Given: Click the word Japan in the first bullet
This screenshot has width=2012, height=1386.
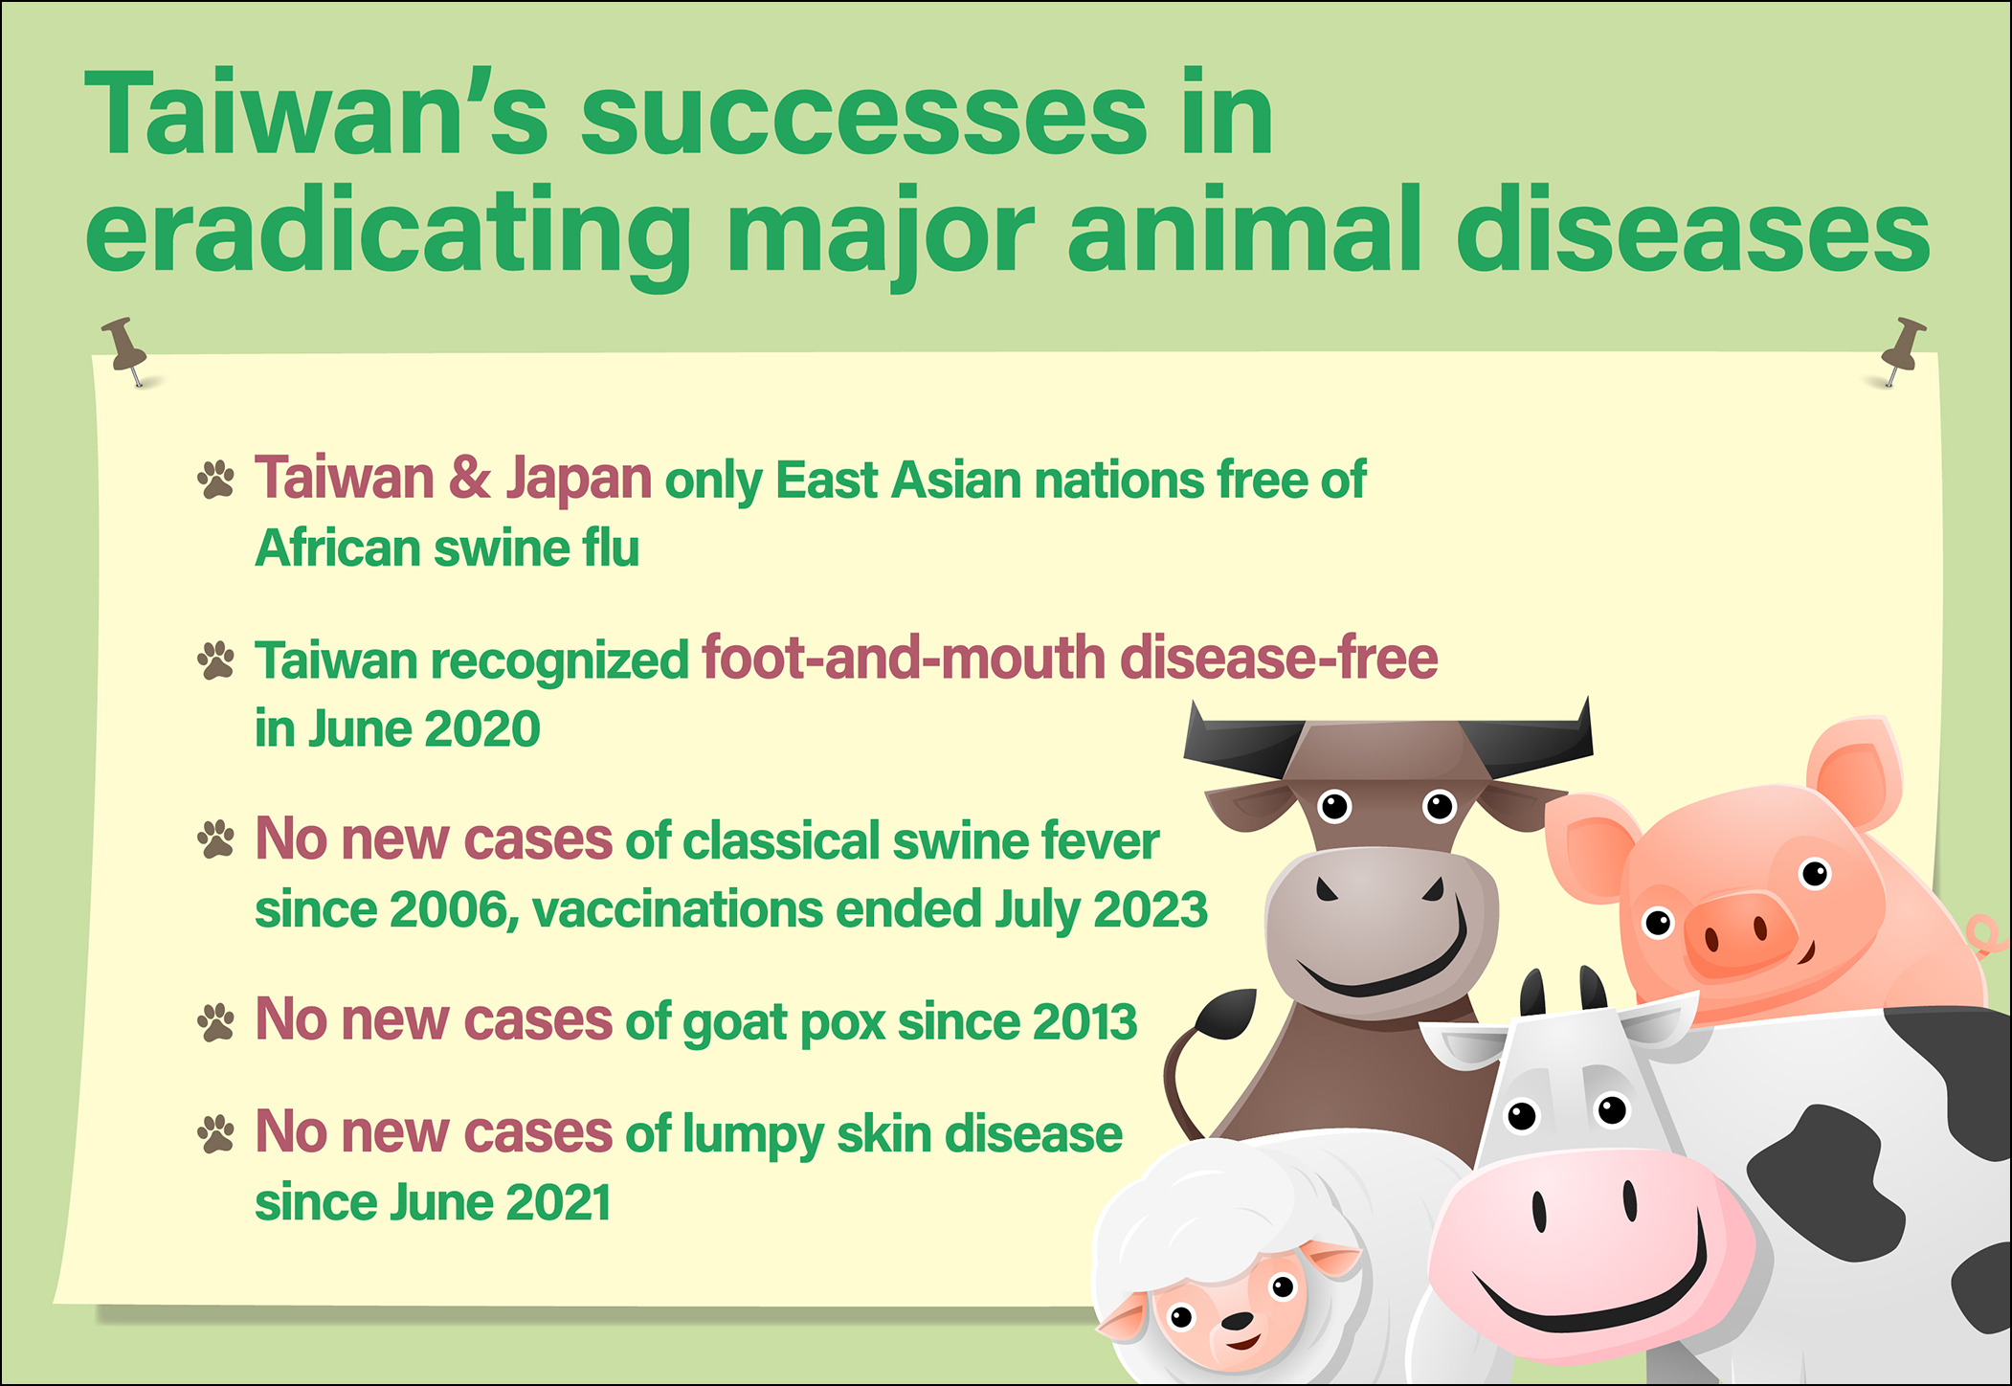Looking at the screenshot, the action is (x=579, y=479).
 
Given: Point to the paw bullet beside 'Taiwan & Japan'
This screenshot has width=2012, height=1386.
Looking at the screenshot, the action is (x=215, y=480).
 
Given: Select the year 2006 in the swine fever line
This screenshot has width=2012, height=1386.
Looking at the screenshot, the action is (x=448, y=909).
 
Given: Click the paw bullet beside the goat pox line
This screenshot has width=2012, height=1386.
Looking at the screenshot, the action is (x=215, y=1021).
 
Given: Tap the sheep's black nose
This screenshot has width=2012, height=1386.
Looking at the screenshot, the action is (x=1238, y=1322).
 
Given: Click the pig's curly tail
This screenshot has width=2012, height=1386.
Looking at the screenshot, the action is (x=1983, y=935).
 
